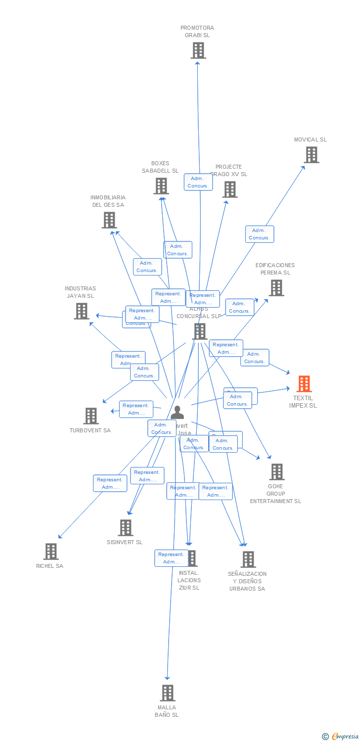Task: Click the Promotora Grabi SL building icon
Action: [198, 50]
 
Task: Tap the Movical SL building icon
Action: [311, 155]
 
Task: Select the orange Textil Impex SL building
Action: [304, 384]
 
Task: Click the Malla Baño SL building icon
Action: [168, 693]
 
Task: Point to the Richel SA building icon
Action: [50, 551]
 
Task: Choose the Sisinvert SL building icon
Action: [126, 528]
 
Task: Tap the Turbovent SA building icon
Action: [91, 416]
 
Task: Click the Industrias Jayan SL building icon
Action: [81, 311]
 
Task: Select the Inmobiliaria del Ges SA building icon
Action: [109, 220]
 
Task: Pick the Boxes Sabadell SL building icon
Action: [161, 186]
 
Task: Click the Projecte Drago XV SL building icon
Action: [229, 189]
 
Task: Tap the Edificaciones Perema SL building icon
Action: [276, 288]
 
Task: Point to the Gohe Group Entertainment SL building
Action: [276, 472]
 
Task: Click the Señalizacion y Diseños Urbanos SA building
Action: [248, 559]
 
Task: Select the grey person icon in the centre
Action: [177, 412]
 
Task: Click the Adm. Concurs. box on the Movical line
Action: [259, 234]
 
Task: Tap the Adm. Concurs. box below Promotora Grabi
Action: [198, 182]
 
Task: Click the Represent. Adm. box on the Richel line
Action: [110, 483]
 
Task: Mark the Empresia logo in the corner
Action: [341, 737]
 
